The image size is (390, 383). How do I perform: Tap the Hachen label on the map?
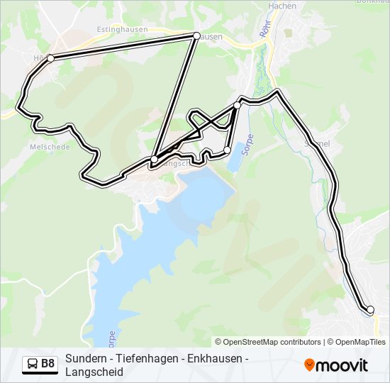(x=282, y=6)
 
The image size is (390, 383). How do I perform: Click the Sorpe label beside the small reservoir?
(x=248, y=145)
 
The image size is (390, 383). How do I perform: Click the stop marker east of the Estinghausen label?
(x=196, y=35)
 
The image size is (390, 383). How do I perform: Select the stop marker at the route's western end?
(x=50, y=58)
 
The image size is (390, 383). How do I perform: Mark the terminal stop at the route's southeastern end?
(x=369, y=309)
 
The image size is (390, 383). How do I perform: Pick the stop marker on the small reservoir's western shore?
(x=227, y=150)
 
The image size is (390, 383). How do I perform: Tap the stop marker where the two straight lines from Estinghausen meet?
(x=154, y=159)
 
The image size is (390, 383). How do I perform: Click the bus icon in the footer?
(x=33, y=365)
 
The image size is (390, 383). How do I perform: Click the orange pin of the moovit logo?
(x=309, y=365)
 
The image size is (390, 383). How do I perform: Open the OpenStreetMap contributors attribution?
(x=268, y=342)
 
